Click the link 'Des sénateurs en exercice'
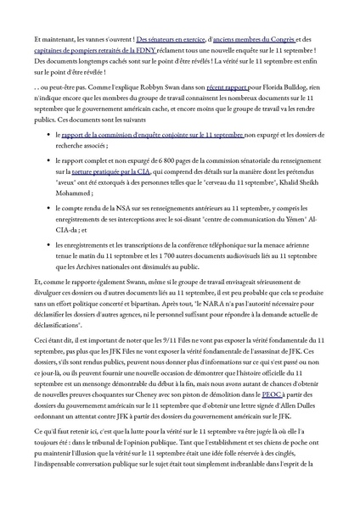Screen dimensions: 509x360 pyautogui.click(x=171, y=40)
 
